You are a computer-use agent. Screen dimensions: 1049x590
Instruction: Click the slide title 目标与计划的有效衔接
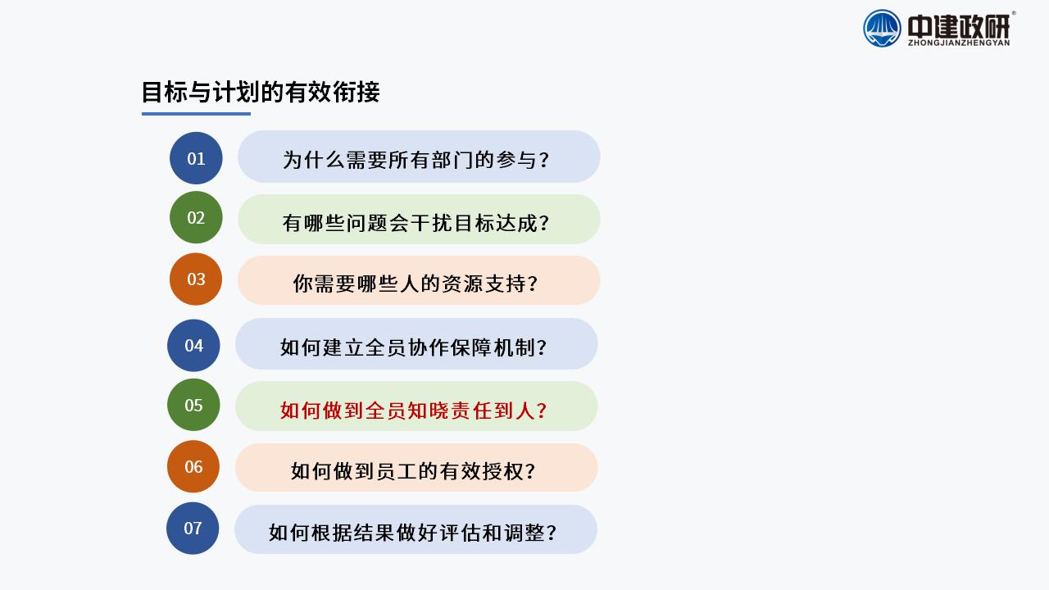coord(261,92)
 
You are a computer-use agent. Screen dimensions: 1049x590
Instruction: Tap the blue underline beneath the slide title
coord(196,113)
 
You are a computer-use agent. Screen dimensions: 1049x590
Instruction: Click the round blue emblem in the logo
coord(882,29)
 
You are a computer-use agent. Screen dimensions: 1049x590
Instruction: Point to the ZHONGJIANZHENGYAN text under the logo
coord(959,43)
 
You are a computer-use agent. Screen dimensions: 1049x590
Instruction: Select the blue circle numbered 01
coord(196,158)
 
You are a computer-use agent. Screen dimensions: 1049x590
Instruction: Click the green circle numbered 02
coord(196,217)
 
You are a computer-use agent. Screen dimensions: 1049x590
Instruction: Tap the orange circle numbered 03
coord(196,279)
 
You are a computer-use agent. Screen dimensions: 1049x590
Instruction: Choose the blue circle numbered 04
coord(193,346)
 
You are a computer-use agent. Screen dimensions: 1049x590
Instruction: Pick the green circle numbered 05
coord(193,405)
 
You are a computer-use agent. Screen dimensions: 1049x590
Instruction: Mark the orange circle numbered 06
coord(193,466)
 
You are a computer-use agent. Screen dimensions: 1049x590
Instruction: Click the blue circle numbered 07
coord(193,529)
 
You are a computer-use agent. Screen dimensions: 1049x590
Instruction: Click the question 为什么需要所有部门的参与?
coord(416,160)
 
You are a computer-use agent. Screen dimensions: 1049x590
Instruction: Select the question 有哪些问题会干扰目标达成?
coord(416,223)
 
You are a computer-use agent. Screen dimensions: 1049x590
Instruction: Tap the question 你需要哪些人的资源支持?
coord(416,284)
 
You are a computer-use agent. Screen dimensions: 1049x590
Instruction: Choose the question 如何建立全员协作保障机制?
coord(414,347)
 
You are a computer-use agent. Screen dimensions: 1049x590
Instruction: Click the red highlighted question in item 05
coord(414,411)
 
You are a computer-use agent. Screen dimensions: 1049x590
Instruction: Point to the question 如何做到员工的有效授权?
coord(413,471)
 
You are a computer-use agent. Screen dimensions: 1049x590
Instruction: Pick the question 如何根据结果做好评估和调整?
coord(412,533)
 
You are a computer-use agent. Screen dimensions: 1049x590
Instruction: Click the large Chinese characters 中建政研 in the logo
coord(959,26)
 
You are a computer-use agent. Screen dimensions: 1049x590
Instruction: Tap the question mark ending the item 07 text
coord(552,533)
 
